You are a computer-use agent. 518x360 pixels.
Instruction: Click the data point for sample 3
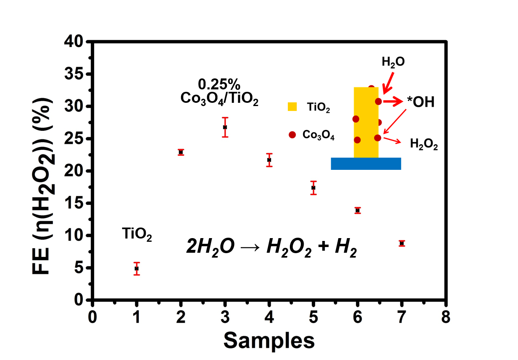225,127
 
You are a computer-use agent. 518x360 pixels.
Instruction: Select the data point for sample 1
137,268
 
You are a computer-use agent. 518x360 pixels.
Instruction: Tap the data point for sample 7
401,243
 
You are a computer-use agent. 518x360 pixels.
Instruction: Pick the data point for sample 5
313,188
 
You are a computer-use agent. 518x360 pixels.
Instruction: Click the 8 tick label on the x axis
446,317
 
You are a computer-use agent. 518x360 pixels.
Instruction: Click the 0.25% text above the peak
219,85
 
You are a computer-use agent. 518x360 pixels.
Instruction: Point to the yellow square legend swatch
292,106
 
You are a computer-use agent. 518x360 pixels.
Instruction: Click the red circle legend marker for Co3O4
292,135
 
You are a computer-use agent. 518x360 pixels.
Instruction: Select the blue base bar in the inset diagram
366,163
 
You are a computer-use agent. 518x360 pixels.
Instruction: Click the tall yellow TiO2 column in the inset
366,122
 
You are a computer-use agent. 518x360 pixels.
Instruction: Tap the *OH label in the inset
421,102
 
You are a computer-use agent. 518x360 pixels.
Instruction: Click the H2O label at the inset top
393,62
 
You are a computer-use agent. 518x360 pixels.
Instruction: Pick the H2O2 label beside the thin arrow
424,144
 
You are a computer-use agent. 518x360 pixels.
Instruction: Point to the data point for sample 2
181,152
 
